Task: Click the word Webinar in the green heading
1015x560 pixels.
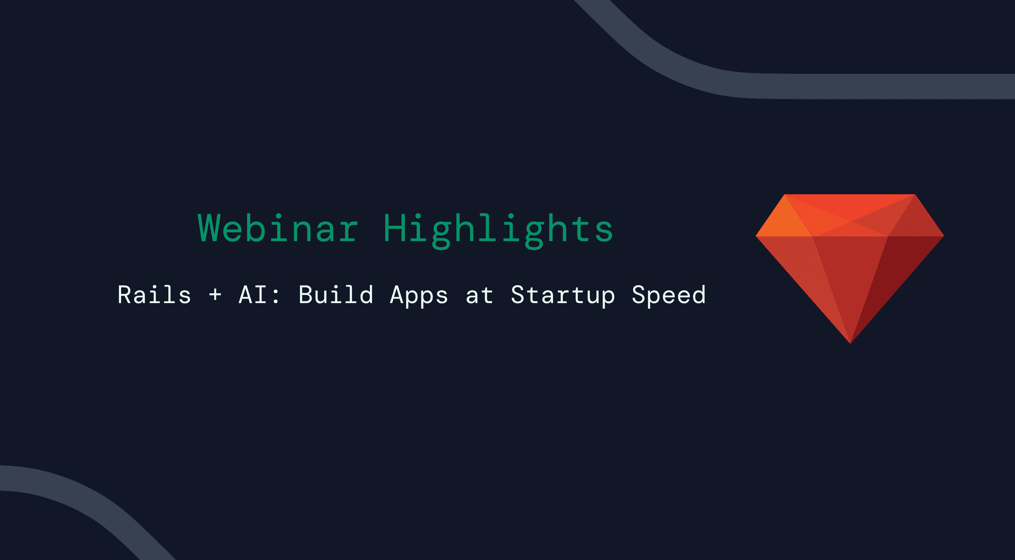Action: point(278,229)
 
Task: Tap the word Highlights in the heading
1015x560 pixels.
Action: point(498,229)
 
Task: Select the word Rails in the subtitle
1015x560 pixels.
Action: point(154,295)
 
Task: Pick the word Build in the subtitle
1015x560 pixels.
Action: point(336,295)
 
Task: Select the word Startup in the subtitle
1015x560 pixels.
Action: point(563,295)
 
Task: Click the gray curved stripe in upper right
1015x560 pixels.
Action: point(827,86)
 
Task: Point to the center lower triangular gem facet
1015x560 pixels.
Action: point(850,276)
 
